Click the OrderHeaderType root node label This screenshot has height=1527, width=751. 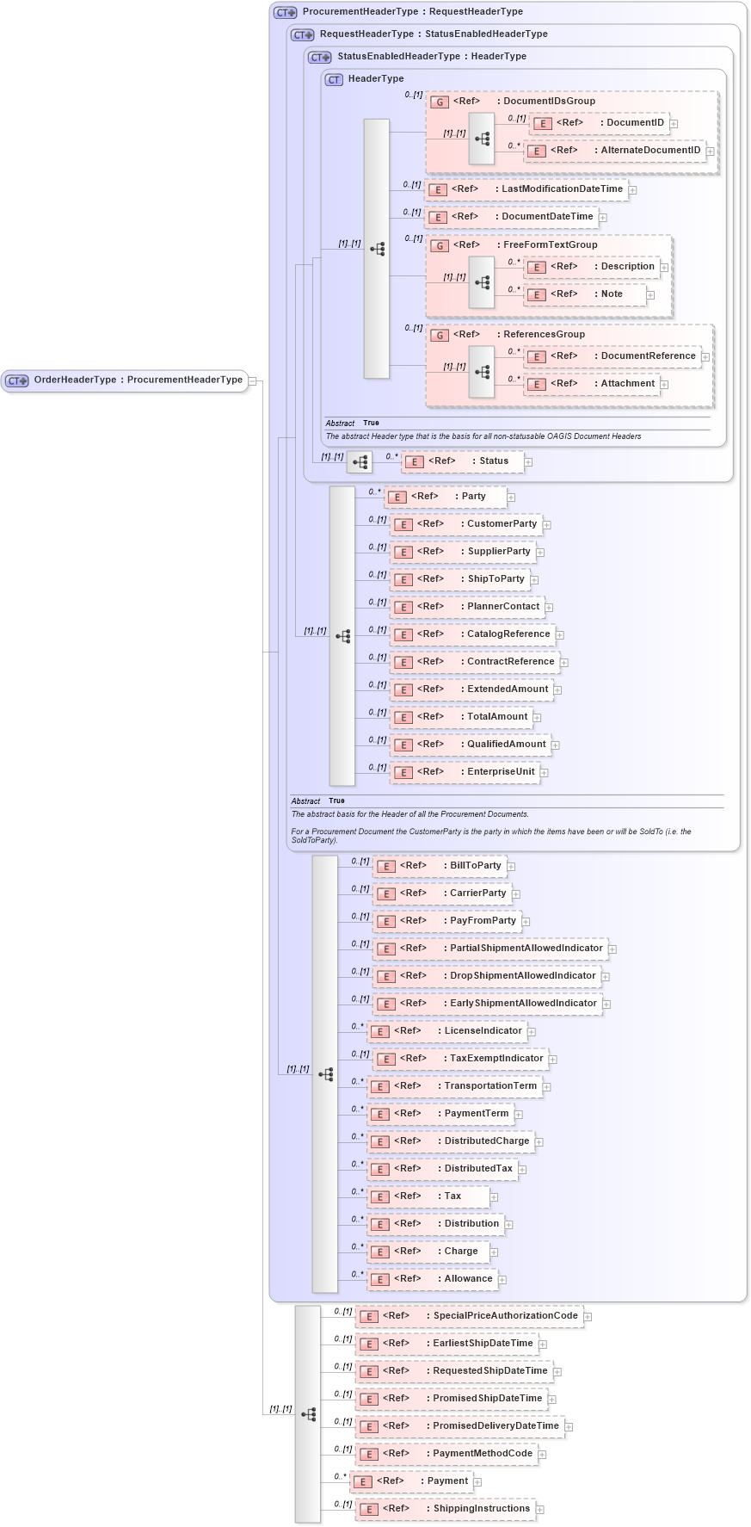coord(138,380)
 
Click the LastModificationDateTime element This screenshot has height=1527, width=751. coord(527,189)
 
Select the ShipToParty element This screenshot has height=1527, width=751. coord(460,579)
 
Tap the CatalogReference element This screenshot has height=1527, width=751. coord(473,634)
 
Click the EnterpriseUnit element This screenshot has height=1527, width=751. coord(465,772)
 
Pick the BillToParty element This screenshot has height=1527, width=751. coord(440,866)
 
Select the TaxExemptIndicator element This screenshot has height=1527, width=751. coord(461,1059)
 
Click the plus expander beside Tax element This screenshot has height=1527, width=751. coord(494,1197)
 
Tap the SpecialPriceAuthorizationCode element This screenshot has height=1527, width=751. coord(470,1316)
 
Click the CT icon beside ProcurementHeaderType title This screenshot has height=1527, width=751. coord(286,12)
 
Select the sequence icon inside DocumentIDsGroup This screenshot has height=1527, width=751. coord(482,138)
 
